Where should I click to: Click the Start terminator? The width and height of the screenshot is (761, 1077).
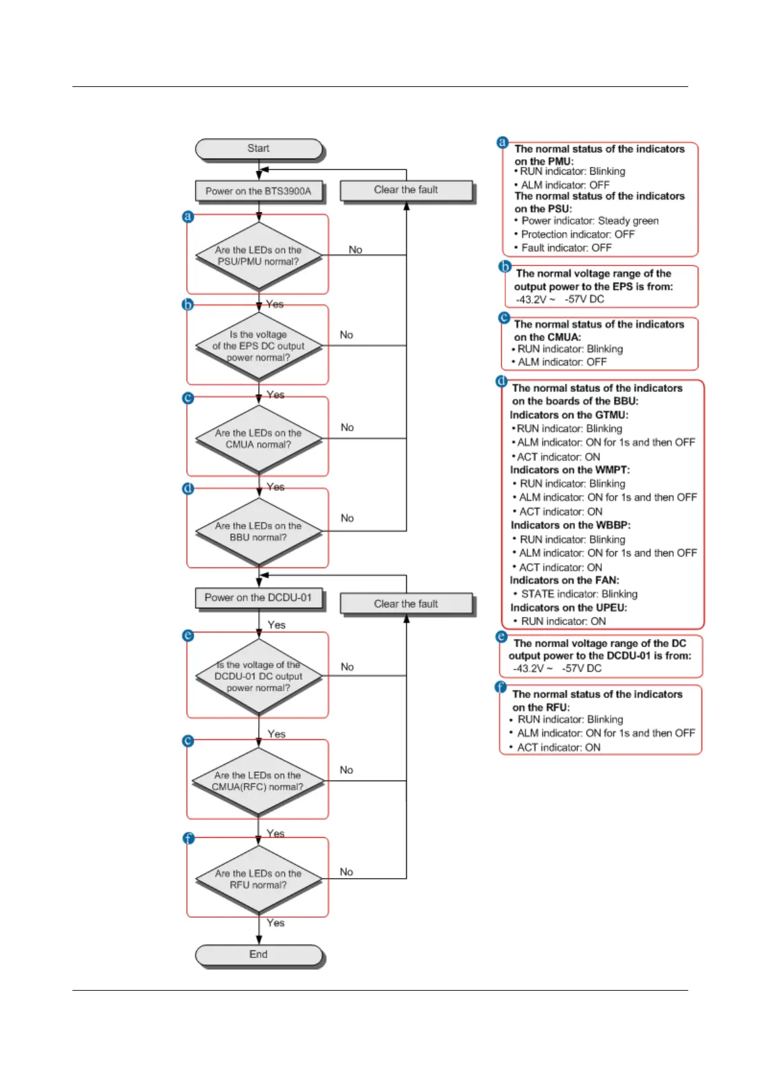[259, 148]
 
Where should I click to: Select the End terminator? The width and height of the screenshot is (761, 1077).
[259, 954]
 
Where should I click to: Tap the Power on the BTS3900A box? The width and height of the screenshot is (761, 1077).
[259, 191]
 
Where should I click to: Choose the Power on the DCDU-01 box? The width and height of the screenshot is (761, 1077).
[259, 598]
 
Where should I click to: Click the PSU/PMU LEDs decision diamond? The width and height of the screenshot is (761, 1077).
[259, 256]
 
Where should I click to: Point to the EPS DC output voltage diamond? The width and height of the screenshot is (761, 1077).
[259, 346]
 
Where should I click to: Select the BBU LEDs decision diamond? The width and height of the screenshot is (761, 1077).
[259, 531]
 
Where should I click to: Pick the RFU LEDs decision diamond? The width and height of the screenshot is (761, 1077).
[259, 879]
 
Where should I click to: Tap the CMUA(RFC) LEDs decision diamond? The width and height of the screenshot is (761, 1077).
[259, 781]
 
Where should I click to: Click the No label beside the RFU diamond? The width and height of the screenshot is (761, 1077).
[346, 872]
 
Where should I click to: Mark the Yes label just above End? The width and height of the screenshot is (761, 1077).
[275, 922]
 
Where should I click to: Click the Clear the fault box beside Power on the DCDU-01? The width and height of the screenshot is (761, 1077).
[406, 604]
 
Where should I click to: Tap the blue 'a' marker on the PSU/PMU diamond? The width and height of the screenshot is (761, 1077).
[188, 216]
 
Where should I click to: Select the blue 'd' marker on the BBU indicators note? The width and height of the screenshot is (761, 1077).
[502, 382]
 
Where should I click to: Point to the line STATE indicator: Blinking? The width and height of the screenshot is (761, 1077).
[579, 594]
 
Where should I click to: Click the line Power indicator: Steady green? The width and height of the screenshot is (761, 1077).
[589, 221]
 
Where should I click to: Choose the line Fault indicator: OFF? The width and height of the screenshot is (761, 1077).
[566, 248]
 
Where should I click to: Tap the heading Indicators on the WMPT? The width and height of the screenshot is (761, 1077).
[570, 470]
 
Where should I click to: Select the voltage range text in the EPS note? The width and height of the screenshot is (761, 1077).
[560, 299]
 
